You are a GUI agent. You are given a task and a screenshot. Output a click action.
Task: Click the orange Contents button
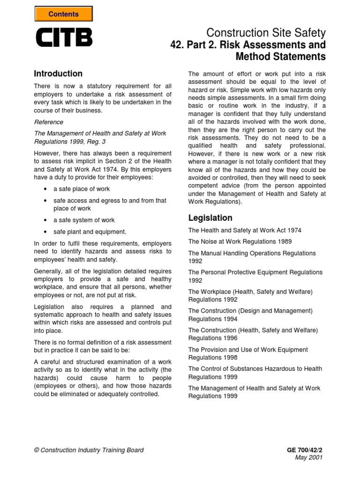63,14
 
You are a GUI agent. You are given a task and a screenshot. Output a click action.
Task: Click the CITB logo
64,37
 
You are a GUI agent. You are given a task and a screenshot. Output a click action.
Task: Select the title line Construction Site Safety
266,33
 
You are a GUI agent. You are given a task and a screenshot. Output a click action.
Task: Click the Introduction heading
58,74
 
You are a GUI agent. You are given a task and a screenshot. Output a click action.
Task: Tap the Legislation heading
210,217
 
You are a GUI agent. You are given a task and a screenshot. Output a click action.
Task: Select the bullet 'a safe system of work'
84,220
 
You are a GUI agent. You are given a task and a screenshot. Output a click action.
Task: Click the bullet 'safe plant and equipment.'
90,232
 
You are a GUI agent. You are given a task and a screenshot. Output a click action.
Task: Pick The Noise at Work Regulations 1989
240,241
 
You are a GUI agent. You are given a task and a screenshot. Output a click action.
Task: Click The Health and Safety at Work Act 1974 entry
245,230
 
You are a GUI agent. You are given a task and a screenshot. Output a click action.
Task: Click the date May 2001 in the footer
309,457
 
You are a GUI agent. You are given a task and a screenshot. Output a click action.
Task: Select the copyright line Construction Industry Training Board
89,450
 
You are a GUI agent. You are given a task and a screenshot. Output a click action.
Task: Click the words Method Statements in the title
280,57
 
